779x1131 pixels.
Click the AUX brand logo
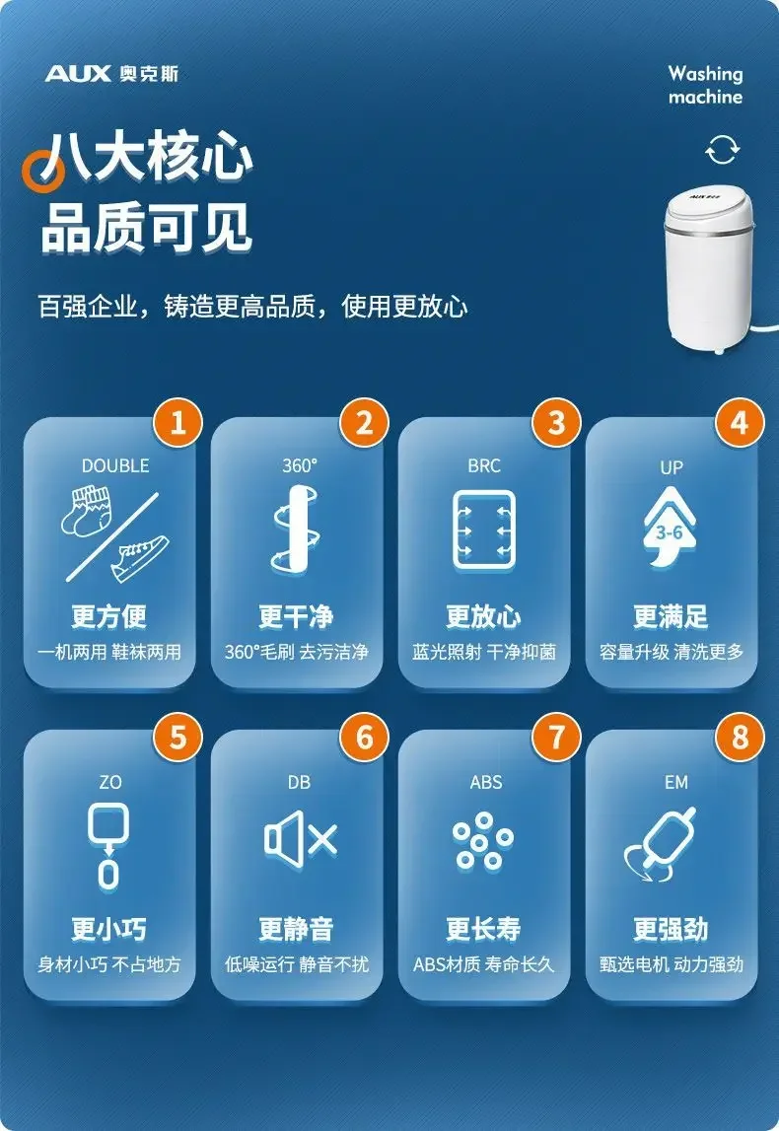click(110, 74)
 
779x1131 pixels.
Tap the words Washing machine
click(705, 85)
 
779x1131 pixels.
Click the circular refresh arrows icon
click(722, 150)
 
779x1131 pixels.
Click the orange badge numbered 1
click(177, 423)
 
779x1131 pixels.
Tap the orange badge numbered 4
click(740, 423)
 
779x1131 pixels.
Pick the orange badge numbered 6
click(365, 738)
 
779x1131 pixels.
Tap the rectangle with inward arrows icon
click(484, 529)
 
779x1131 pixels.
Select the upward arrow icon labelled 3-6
click(671, 532)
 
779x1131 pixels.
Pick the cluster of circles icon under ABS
click(483, 841)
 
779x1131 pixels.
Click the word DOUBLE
click(115, 465)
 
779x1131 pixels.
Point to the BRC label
click(484, 465)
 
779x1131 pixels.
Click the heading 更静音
click(296, 929)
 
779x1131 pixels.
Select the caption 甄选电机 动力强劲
click(672, 964)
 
